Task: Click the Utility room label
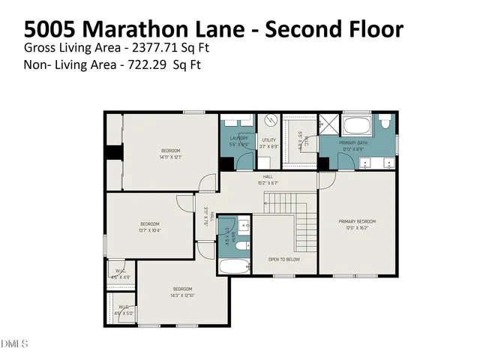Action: (x=268, y=139)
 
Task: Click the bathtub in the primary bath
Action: (x=356, y=124)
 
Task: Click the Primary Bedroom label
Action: (x=356, y=221)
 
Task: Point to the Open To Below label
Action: (x=284, y=259)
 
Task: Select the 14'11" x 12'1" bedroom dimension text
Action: (x=170, y=157)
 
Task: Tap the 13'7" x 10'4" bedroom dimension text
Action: (x=150, y=230)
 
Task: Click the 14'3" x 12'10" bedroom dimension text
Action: (x=183, y=295)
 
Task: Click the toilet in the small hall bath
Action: (x=244, y=223)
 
